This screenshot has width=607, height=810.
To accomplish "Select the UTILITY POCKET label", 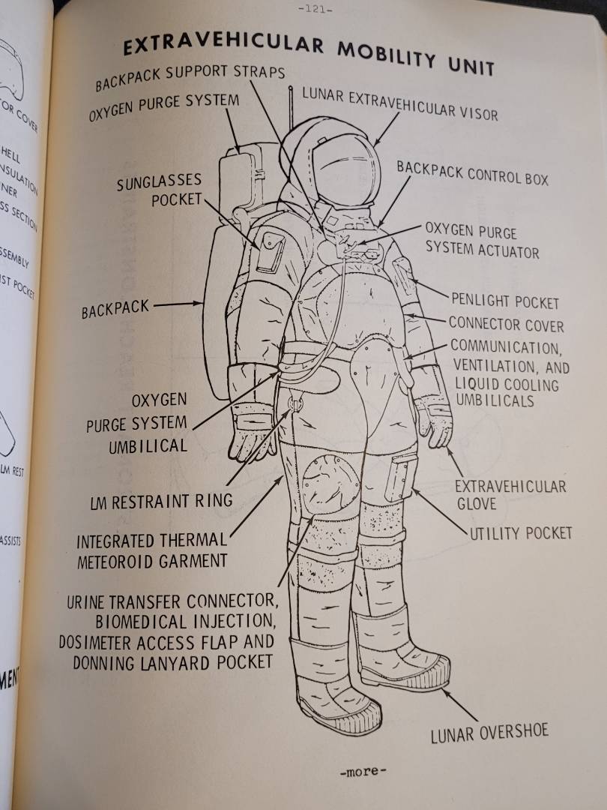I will click(x=521, y=533).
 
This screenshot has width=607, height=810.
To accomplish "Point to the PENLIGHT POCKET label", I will click(x=504, y=301).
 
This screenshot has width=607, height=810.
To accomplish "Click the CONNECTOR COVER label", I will click(x=506, y=325).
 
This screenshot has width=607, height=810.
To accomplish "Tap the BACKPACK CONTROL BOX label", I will click(x=472, y=173).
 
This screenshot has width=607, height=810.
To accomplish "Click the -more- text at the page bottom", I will click(x=363, y=771).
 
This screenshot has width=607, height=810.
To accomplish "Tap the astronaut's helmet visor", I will click(x=345, y=169).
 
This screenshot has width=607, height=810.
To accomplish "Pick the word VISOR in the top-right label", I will click(x=474, y=112).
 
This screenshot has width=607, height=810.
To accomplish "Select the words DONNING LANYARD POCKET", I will click(x=172, y=662).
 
